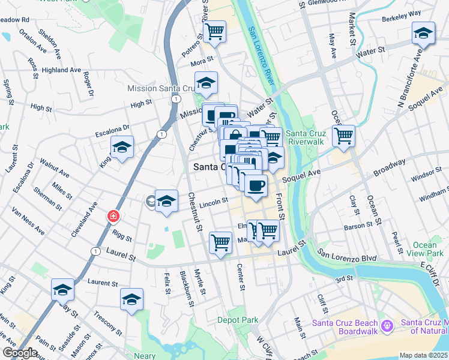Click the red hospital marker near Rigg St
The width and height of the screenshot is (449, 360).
[x=112, y=215]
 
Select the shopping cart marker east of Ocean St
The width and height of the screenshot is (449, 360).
[x=343, y=136]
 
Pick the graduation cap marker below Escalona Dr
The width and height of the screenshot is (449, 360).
[x=122, y=148]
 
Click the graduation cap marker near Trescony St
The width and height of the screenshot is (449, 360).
[x=132, y=299]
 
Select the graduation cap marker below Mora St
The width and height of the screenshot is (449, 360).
[x=206, y=83]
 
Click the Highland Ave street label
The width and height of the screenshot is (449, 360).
[x=61, y=70]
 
